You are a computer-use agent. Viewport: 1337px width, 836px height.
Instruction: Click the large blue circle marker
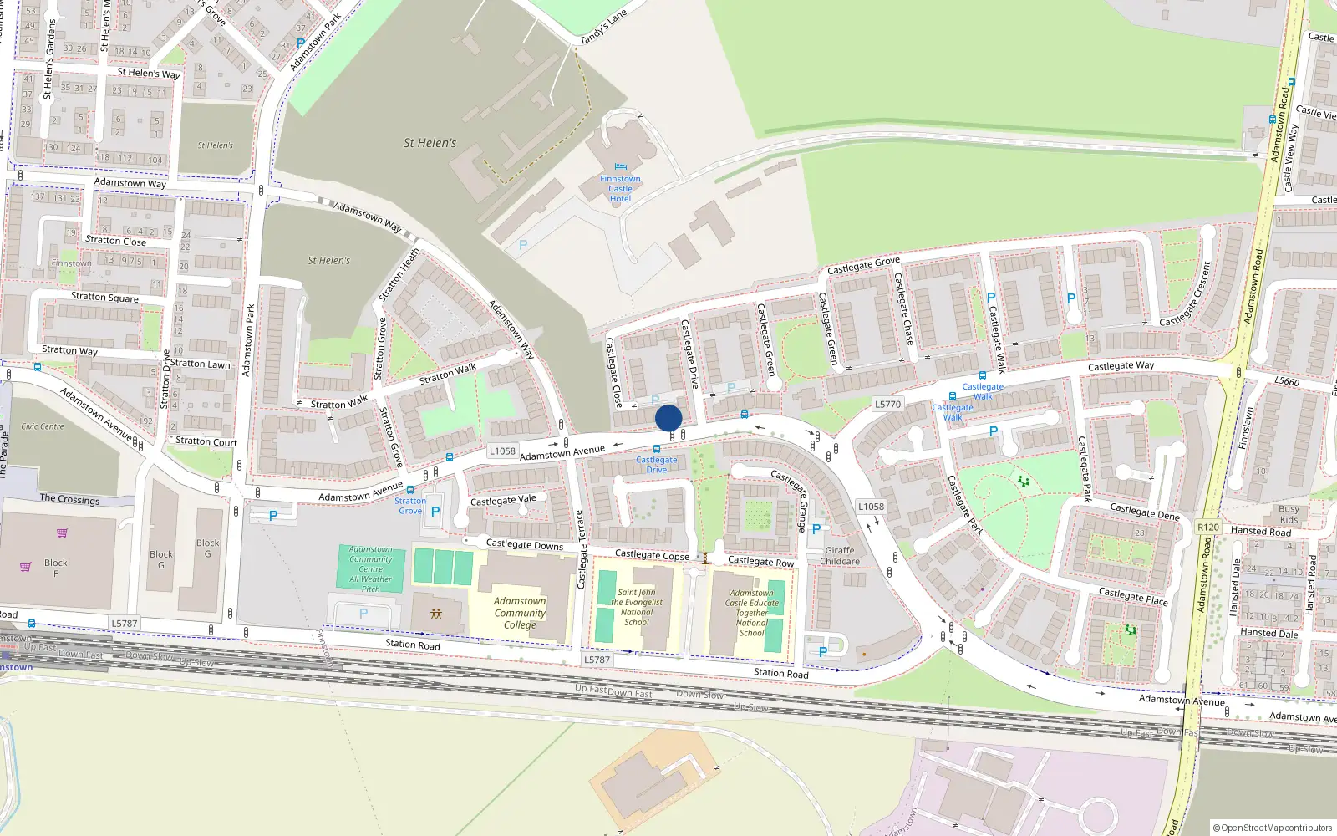coord(668,418)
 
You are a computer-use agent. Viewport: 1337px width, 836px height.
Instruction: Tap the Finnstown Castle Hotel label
coord(620,189)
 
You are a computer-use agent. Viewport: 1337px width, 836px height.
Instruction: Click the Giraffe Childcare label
coord(839,556)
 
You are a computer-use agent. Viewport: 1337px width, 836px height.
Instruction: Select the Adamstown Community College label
coord(520,613)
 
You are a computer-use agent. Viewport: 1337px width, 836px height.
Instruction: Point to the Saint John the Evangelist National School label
coord(637,607)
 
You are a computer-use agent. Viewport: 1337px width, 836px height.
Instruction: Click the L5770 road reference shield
coord(887,404)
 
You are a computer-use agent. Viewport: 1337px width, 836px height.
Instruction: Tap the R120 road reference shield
coord(1208,527)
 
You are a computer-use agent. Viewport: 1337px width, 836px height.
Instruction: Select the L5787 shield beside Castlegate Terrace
coord(597,660)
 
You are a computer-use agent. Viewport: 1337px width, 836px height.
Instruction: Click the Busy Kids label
coord(1289,514)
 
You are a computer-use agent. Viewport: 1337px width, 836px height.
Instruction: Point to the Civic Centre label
coord(43,426)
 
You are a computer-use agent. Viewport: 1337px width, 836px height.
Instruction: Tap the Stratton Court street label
coord(206,441)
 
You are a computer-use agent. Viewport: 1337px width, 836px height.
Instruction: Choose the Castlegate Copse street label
coord(652,555)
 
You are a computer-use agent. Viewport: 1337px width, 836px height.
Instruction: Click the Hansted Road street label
coord(1260,531)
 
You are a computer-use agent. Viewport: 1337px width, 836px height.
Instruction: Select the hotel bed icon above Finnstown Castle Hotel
coord(620,167)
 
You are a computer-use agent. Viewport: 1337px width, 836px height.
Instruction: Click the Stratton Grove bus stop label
coord(410,506)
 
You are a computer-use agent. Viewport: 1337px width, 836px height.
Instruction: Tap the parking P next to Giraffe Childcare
coord(816,529)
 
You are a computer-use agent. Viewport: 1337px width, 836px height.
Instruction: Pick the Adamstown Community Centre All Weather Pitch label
coord(371,569)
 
